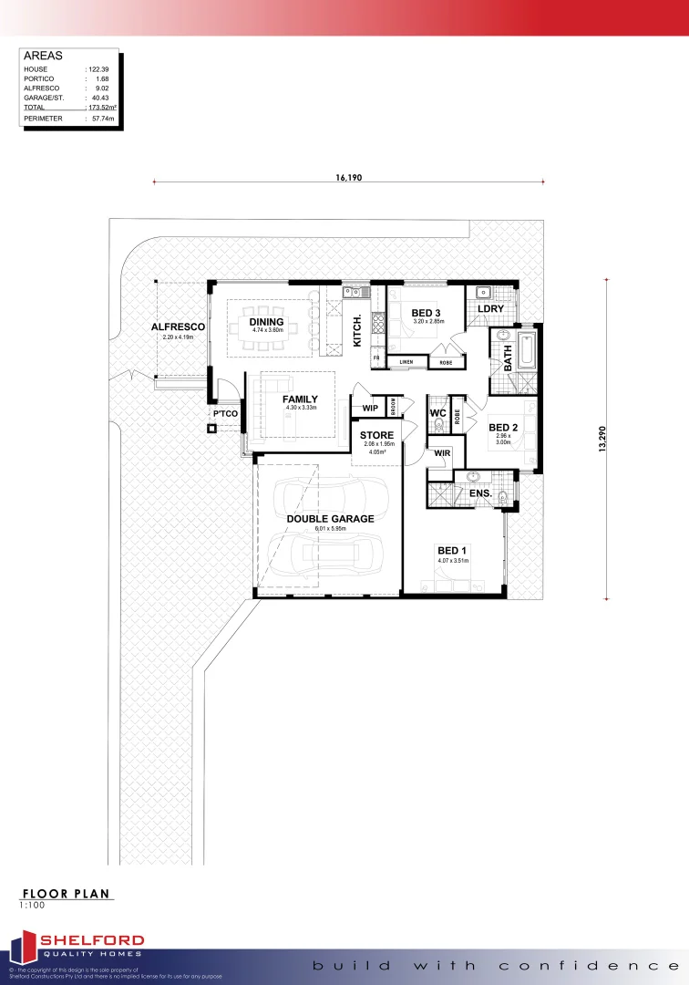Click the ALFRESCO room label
(x=177, y=326)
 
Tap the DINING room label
(x=267, y=322)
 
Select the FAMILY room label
(x=300, y=399)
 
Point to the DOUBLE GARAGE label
(x=331, y=518)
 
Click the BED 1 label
(x=452, y=550)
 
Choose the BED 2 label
(x=503, y=427)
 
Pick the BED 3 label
(x=427, y=312)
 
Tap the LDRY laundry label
(x=491, y=309)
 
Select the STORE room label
(x=376, y=435)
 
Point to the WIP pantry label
(x=370, y=408)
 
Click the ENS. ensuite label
(x=481, y=493)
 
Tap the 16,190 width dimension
(x=349, y=178)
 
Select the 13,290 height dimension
(x=602, y=438)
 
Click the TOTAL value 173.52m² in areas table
(x=100, y=108)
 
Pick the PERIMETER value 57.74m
(x=99, y=119)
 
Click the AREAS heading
(x=43, y=56)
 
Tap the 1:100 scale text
(x=32, y=906)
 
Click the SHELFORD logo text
(x=90, y=940)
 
